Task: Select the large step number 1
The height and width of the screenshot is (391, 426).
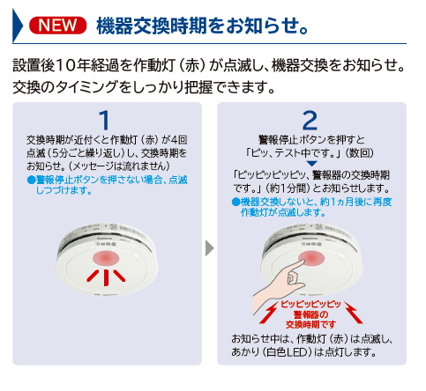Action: (103, 119)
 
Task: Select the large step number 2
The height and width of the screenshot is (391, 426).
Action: (310, 119)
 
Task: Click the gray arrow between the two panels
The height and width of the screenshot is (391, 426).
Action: (209, 247)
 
